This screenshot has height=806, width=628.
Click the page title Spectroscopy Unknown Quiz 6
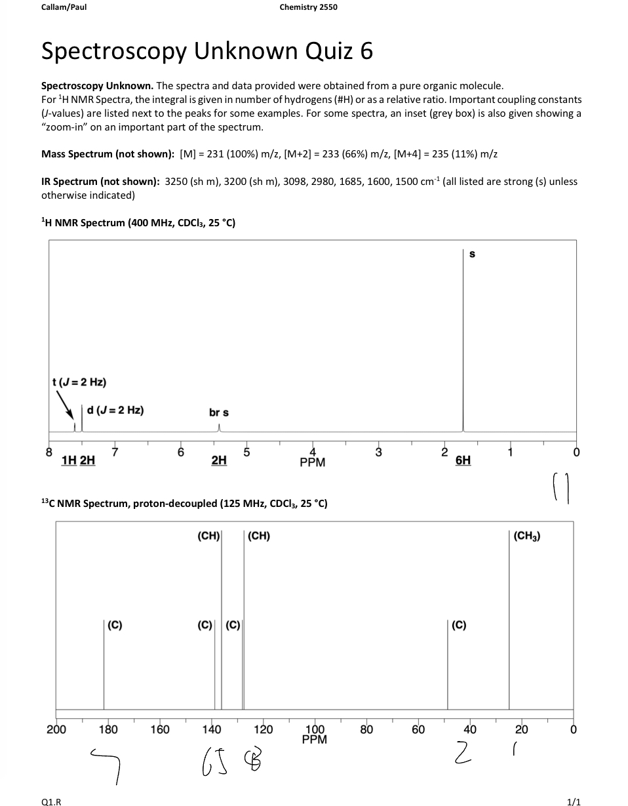[x=207, y=50]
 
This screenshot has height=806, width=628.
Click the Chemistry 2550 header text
[x=308, y=7]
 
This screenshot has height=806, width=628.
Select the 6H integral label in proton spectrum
[x=463, y=460]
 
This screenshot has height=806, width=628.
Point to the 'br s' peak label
[x=219, y=413]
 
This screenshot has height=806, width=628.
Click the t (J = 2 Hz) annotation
[x=79, y=382]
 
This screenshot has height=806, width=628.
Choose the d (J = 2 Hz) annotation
[x=115, y=411]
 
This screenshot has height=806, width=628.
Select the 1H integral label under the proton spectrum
[x=69, y=460]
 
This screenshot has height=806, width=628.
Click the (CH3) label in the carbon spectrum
[x=527, y=536]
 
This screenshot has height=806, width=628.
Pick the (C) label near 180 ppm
[x=115, y=625]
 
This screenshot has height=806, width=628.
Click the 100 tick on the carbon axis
[x=315, y=729]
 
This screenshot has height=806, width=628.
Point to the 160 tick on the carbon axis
[x=159, y=729]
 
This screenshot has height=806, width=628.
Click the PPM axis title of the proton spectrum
[x=313, y=462]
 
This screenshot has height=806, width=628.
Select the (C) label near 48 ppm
[x=459, y=625]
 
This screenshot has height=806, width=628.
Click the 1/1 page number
[x=574, y=801]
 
